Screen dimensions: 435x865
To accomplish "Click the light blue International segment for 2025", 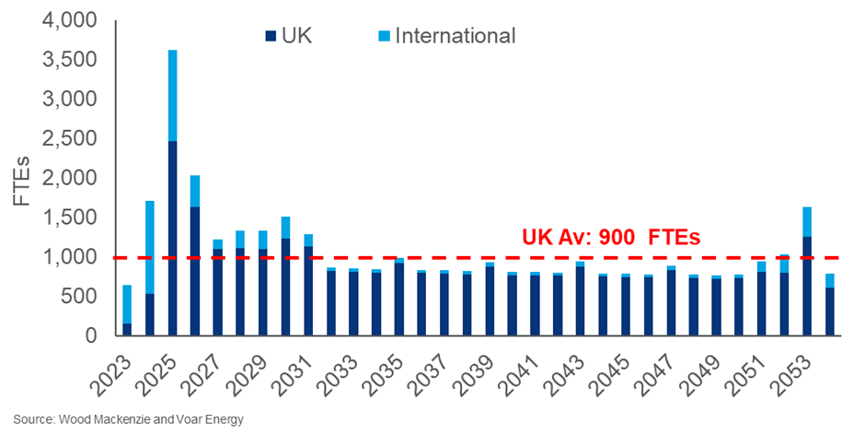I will [172, 95].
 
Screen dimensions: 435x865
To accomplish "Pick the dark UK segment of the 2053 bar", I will [806, 286].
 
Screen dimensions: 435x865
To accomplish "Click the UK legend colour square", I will [271, 36].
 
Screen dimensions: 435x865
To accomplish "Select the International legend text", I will [455, 36].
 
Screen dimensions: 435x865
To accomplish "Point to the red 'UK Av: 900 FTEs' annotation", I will [611, 237].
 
